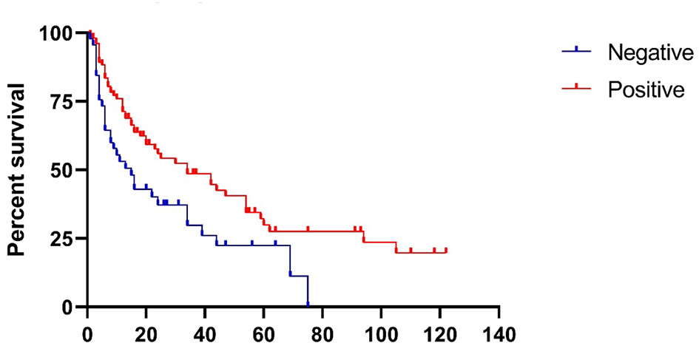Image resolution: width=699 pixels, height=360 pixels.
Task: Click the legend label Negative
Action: click(x=649, y=53)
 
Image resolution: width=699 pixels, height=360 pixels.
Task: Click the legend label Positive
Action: click(x=645, y=90)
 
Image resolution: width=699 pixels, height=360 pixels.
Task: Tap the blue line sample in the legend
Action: click(x=576, y=51)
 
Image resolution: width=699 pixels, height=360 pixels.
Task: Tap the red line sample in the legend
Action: click(x=576, y=88)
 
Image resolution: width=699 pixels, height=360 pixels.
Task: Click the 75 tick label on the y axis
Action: click(x=63, y=101)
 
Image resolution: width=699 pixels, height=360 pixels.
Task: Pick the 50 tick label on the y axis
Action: click(x=63, y=170)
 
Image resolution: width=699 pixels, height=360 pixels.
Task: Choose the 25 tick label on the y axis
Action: click(x=63, y=239)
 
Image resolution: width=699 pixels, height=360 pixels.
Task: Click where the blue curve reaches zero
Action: click(x=308, y=305)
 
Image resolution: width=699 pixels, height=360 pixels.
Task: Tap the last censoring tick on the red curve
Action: click(x=446, y=251)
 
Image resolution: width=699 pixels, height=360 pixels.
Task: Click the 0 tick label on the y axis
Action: click(x=69, y=307)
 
